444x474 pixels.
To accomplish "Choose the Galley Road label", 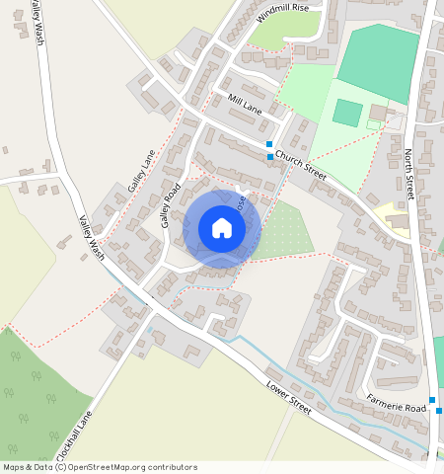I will tap(172, 204).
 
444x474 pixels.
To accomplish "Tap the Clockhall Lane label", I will tap(74, 434).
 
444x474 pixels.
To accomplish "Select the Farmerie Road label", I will tap(396, 402).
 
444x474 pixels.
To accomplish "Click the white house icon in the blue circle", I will tap(222, 228).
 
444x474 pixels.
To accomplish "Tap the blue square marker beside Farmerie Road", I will tap(432, 400).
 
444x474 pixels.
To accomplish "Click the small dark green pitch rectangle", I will tap(346, 112).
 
